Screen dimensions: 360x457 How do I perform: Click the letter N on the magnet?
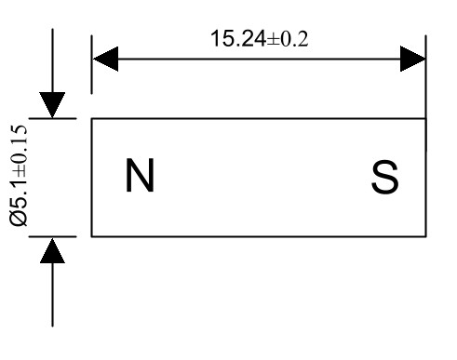click(141, 177)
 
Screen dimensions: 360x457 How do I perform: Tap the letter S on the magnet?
click(384, 178)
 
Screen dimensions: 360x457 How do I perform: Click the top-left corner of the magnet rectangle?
click(92, 119)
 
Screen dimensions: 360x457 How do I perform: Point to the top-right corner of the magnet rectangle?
click(425, 119)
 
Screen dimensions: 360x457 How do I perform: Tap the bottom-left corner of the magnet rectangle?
click(92, 236)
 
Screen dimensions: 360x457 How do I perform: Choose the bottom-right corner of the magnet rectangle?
click(425, 236)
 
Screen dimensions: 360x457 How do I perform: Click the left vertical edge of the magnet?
click(92, 178)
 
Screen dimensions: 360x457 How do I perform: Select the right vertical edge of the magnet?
click(425, 178)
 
